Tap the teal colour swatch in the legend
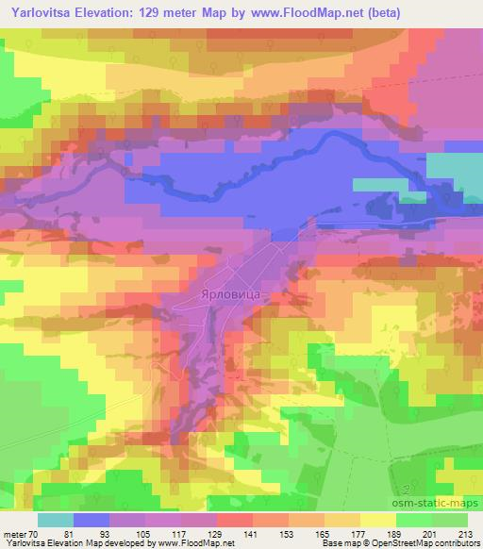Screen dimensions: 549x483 56,519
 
